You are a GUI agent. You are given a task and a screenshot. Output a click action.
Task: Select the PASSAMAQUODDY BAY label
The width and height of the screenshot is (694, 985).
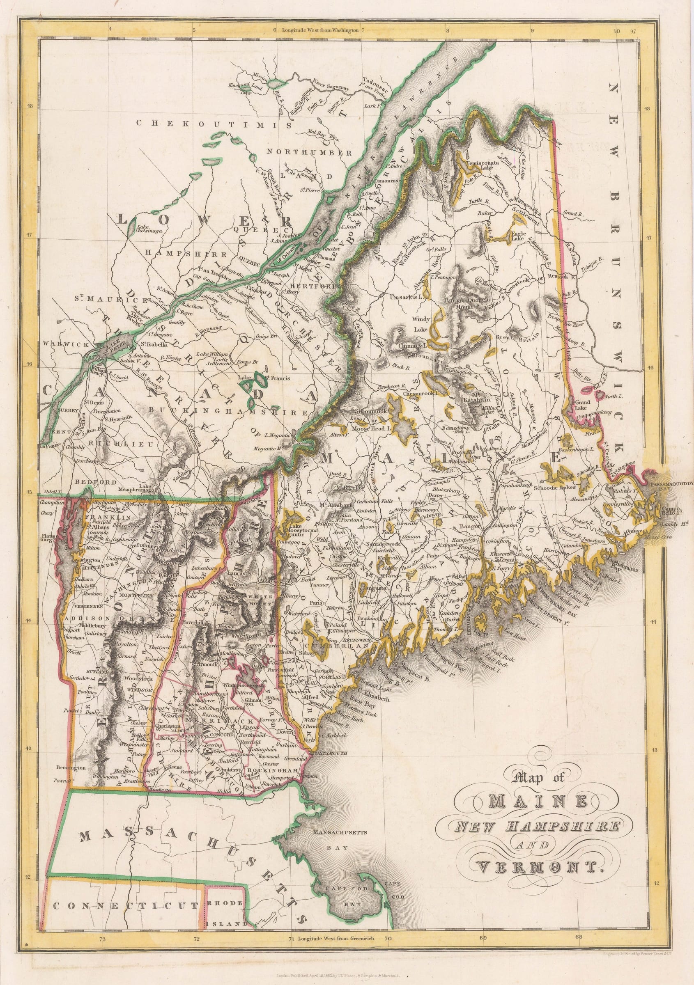(x=670, y=485)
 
